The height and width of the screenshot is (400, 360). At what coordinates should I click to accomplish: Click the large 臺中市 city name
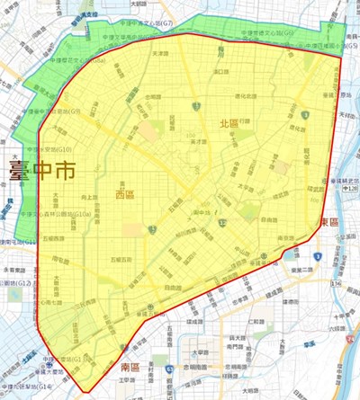tap(40, 168)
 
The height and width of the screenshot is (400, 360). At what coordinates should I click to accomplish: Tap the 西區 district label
tap(124, 193)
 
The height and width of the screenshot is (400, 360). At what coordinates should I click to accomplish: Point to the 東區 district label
tap(328, 221)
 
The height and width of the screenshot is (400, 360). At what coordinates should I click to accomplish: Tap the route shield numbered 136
tap(336, 283)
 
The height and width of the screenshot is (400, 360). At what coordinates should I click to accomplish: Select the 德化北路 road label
tap(245, 96)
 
